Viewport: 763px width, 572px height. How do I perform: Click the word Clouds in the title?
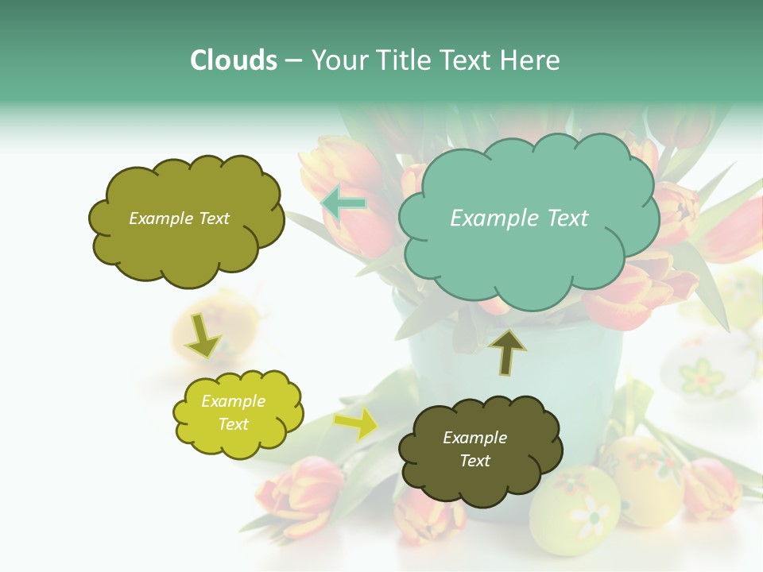[234, 60]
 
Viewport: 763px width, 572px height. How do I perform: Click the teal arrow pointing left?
[343, 203]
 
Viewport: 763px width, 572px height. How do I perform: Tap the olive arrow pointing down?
[202, 336]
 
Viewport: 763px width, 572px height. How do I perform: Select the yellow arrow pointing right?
[356, 423]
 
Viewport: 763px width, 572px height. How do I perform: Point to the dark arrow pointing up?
[507, 351]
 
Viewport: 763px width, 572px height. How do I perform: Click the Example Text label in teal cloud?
[519, 218]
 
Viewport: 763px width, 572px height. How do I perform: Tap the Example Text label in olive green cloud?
[179, 218]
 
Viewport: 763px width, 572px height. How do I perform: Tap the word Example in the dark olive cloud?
[474, 438]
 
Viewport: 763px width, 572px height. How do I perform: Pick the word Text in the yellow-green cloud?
[234, 424]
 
